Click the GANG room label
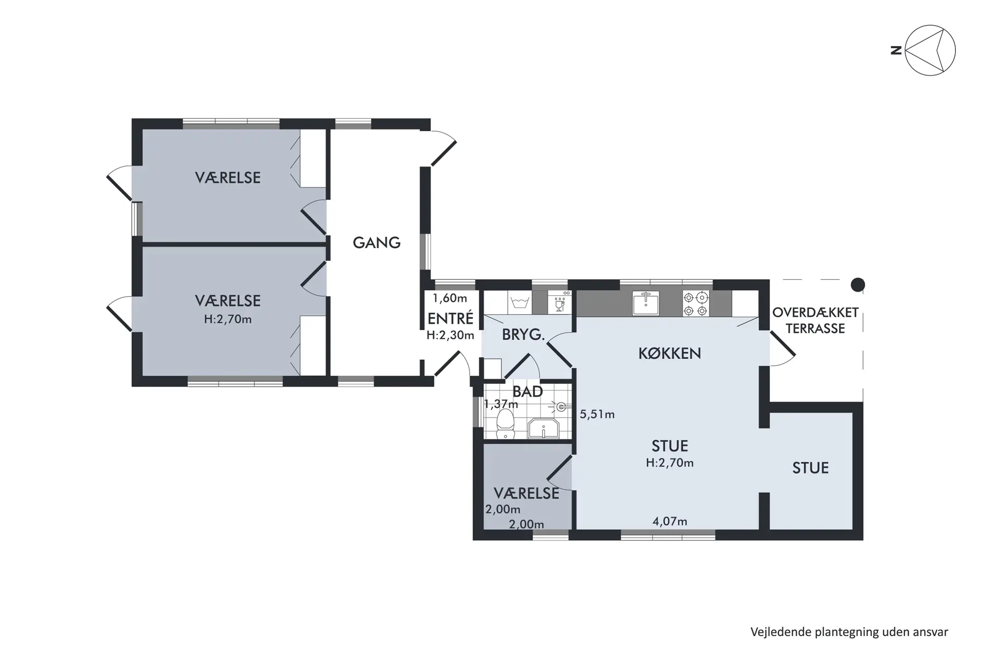(x=376, y=242)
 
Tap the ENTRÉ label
(x=450, y=318)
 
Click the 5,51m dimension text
(x=597, y=414)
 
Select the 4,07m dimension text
(x=669, y=521)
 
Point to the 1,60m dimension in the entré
(x=449, y=298)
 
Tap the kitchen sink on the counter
(x=645, y=303)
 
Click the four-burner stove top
(x=696, y=303)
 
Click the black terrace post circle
(x=857, y=284)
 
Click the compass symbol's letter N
(x=896, y=50)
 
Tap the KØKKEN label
(x=669, y=353)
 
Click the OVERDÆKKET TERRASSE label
(x=815, y=320)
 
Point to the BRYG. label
(x=523, y=335)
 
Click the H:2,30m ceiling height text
(x=450, y=336)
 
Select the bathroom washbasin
(x=543, y=428)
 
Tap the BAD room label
(x=527, y=392)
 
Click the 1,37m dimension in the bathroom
(x=501, y=404)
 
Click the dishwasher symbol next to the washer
(x=559, y=303)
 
